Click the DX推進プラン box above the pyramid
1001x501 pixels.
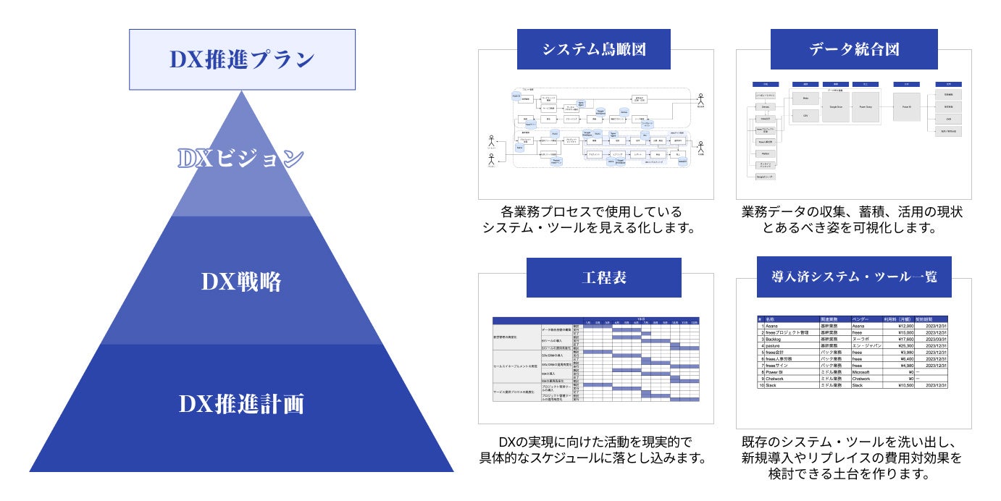242,59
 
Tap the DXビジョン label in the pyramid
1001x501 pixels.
242,159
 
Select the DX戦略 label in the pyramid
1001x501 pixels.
242,282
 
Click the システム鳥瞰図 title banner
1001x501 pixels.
594,49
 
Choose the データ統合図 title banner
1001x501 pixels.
853,49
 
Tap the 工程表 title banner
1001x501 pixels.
603,277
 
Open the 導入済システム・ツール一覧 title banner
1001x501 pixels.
853,277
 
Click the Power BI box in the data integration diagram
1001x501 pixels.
906,106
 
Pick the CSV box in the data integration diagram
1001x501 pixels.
805,116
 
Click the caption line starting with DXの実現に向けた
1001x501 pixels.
595,442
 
